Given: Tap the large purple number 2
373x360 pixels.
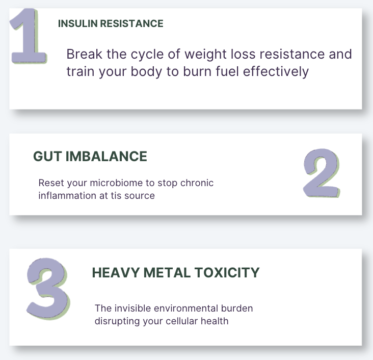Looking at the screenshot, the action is click(322, 173).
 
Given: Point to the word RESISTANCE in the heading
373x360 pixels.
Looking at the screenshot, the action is click(132, 23).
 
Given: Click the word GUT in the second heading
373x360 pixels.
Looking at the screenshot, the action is click(47, 157).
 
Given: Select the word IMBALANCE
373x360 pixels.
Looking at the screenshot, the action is click(106, 157).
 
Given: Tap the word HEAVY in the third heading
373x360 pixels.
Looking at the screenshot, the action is click(116, 273).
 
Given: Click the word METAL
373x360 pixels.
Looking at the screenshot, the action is click(167, 273).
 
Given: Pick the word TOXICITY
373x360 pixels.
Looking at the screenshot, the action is click(227, 273).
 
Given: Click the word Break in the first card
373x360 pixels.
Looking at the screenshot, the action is click(85, 54).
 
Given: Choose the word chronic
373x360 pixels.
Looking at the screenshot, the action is click(197, 183).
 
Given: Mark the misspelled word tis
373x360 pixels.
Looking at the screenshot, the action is click(116, 196).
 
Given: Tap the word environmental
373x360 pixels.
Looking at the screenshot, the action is click(186, 308).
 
